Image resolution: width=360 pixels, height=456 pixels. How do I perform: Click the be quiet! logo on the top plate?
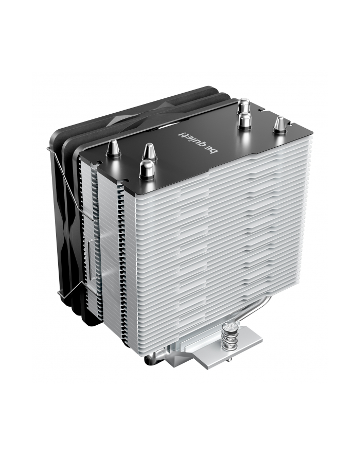(x=198, y=142)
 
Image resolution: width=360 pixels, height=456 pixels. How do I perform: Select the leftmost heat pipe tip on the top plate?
(x=112, y=150)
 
